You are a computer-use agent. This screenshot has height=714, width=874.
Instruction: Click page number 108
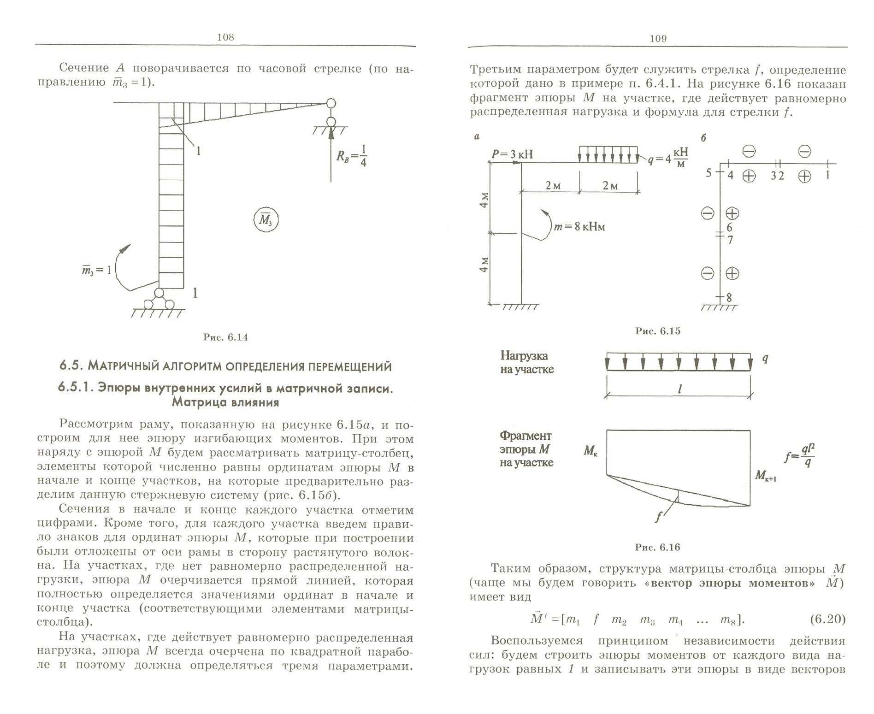click(x=225, y=37)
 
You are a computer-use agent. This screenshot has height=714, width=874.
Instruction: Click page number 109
click(x=658, y=39)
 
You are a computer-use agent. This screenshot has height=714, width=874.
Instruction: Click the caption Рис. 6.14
click(x=226, y=337)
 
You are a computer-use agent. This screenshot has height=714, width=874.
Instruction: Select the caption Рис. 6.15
click(x=658, y=331)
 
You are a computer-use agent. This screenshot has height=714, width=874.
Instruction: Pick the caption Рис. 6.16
click(x=658, y=548)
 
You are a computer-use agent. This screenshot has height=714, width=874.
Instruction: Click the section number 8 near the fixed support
click(x=729, y=298)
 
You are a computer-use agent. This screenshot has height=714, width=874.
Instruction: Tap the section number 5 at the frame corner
click(x=709, y=173)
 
